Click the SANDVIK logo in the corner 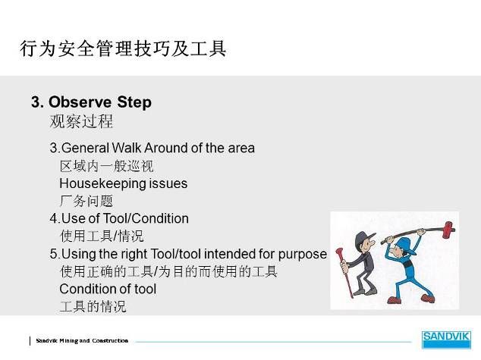point(446,340)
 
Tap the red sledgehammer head point(448,229)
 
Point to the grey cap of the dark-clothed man point(363,238)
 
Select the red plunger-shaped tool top point(339,252)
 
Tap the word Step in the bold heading point(134,102)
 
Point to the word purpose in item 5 point(302,255)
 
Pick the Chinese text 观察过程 point(81,121)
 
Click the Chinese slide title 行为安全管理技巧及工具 point(123,49)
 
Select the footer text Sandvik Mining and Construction point(82,340)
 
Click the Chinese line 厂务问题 point(86,202)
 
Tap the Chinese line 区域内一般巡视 point(106,166)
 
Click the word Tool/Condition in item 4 point(146,219)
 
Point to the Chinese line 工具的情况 point(93,306)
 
